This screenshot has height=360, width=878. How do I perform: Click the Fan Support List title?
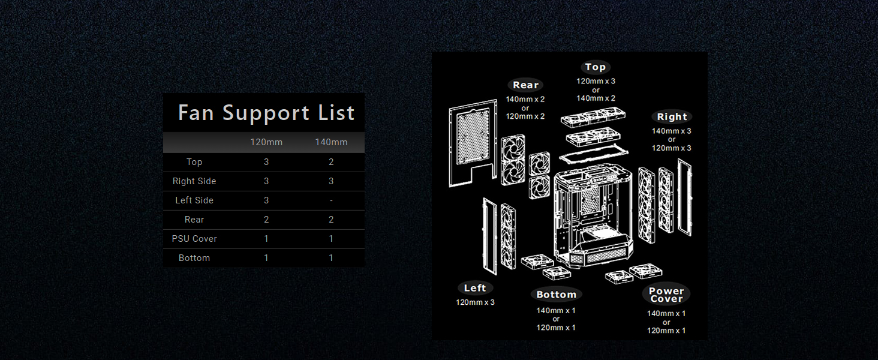266,113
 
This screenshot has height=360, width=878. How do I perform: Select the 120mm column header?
266,142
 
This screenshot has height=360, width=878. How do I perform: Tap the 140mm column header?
331,142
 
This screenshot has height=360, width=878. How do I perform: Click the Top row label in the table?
194,162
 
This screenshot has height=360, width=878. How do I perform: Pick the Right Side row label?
194,181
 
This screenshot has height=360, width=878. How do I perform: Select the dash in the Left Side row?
331,200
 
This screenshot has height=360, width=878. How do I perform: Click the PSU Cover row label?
194,239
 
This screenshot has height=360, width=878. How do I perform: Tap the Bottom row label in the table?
194,258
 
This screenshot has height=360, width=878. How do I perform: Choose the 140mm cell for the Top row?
331,162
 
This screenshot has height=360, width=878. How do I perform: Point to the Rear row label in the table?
194,220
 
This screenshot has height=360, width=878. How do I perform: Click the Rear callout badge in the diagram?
525,85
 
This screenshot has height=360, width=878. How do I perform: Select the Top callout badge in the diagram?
596,67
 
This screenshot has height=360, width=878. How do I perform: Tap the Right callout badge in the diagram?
672,117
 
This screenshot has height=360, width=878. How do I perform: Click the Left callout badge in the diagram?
475,288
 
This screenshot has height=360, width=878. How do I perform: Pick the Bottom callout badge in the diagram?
556,295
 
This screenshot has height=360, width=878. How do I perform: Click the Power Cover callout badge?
666,295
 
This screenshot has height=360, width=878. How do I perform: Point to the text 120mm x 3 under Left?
475,302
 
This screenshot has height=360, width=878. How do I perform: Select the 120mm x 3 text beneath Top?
596,81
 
